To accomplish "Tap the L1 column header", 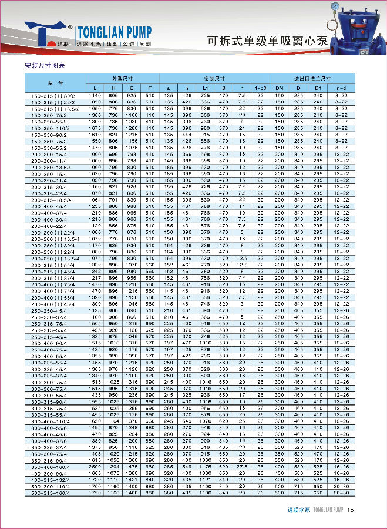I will point(206,88).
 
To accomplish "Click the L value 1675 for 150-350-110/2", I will point(95,128).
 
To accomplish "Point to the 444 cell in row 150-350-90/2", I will point(187,135).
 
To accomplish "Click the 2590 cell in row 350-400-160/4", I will point(95,466).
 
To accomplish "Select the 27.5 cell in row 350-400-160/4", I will point(242,466).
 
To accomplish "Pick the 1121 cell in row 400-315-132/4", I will point(206,479).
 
